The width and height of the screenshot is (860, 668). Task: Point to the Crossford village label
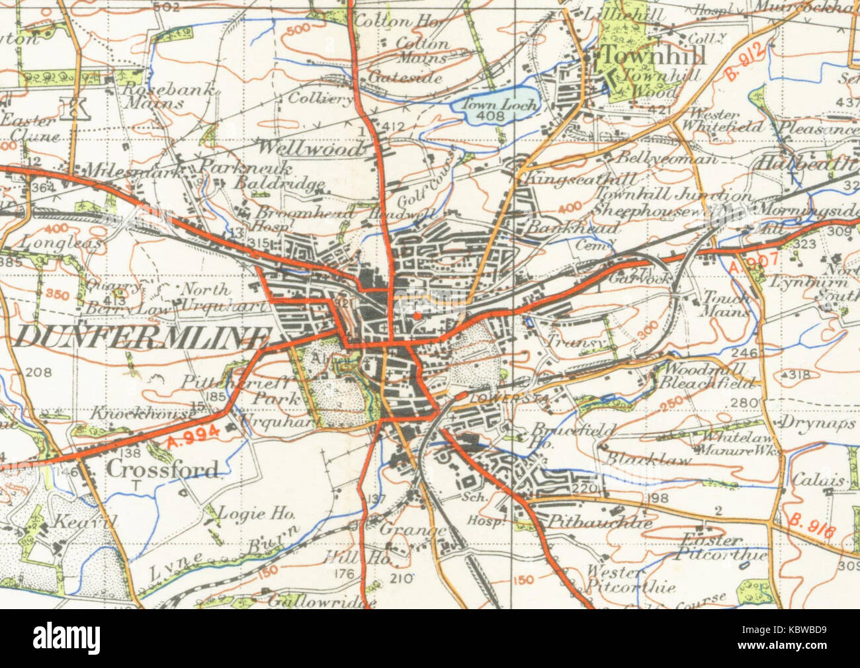[x=163, y=470]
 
